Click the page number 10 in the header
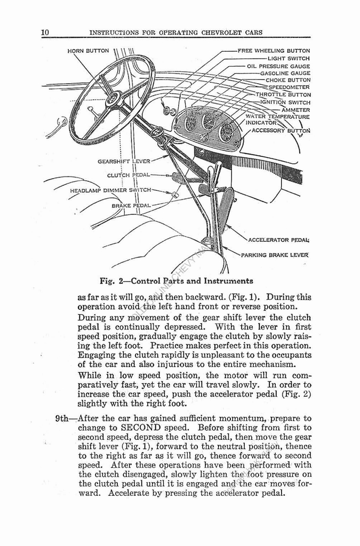pyautogui.click(x=45, y=33)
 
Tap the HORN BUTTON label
pyautogui.click(x=88, y=51)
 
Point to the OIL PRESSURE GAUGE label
pyautogui.click(x=278, y=66)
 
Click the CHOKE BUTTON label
pyautogui.click(x=287, y=80)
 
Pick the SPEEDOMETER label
pyautogui.click(x=289, y=87)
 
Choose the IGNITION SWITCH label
pyautogui.click(x=285, y=102)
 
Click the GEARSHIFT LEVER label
pyautogui.click(x=124, y=161)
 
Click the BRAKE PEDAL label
pyautogui.click(x=131, y=205)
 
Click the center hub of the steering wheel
pyautogui.click(x=113, y=99)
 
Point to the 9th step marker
pyautogui.click(x=65, y=418)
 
